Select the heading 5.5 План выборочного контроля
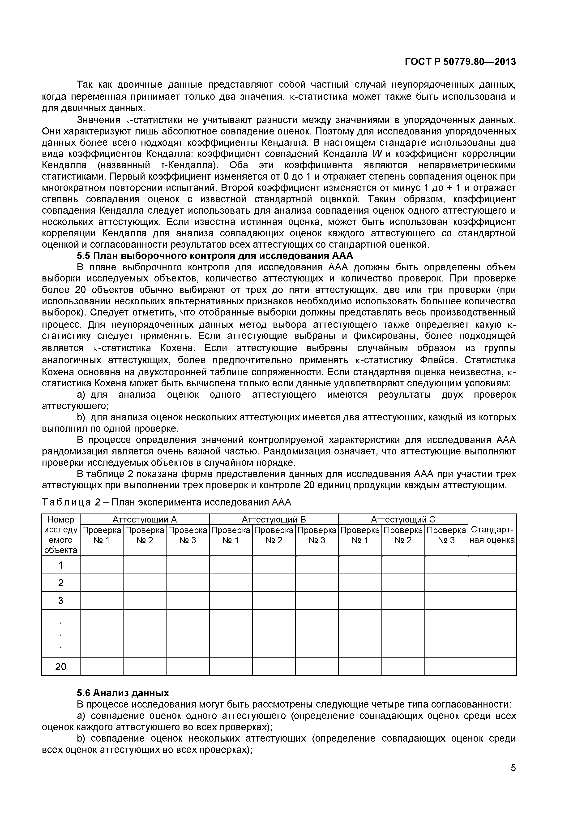coord(215,256)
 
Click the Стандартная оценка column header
coord(492,535)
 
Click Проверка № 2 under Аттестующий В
coord(274,535)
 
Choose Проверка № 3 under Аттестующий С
coord(446,535)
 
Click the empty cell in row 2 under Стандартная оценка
coord(492,583)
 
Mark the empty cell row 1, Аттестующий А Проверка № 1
coord(101,565)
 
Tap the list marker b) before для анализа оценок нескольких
coord(81,417)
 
